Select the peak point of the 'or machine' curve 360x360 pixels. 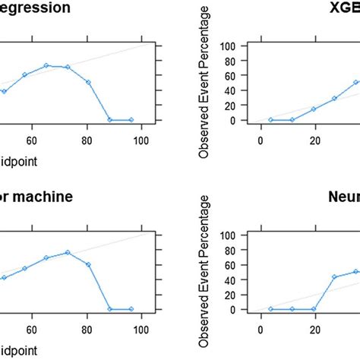point(68,252)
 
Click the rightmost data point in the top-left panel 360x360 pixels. point(131,120)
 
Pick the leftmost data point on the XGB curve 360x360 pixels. point(271,120)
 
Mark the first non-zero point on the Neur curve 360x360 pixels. point(335,277)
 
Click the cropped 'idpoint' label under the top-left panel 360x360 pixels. point(18,161)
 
